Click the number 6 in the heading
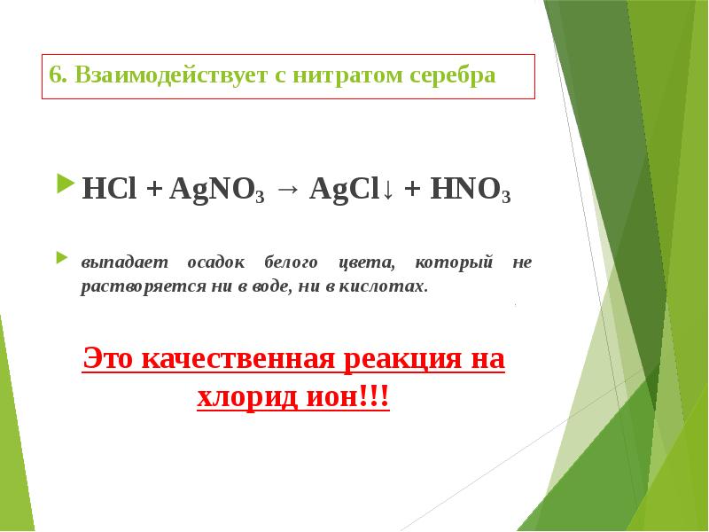(54, 75)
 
